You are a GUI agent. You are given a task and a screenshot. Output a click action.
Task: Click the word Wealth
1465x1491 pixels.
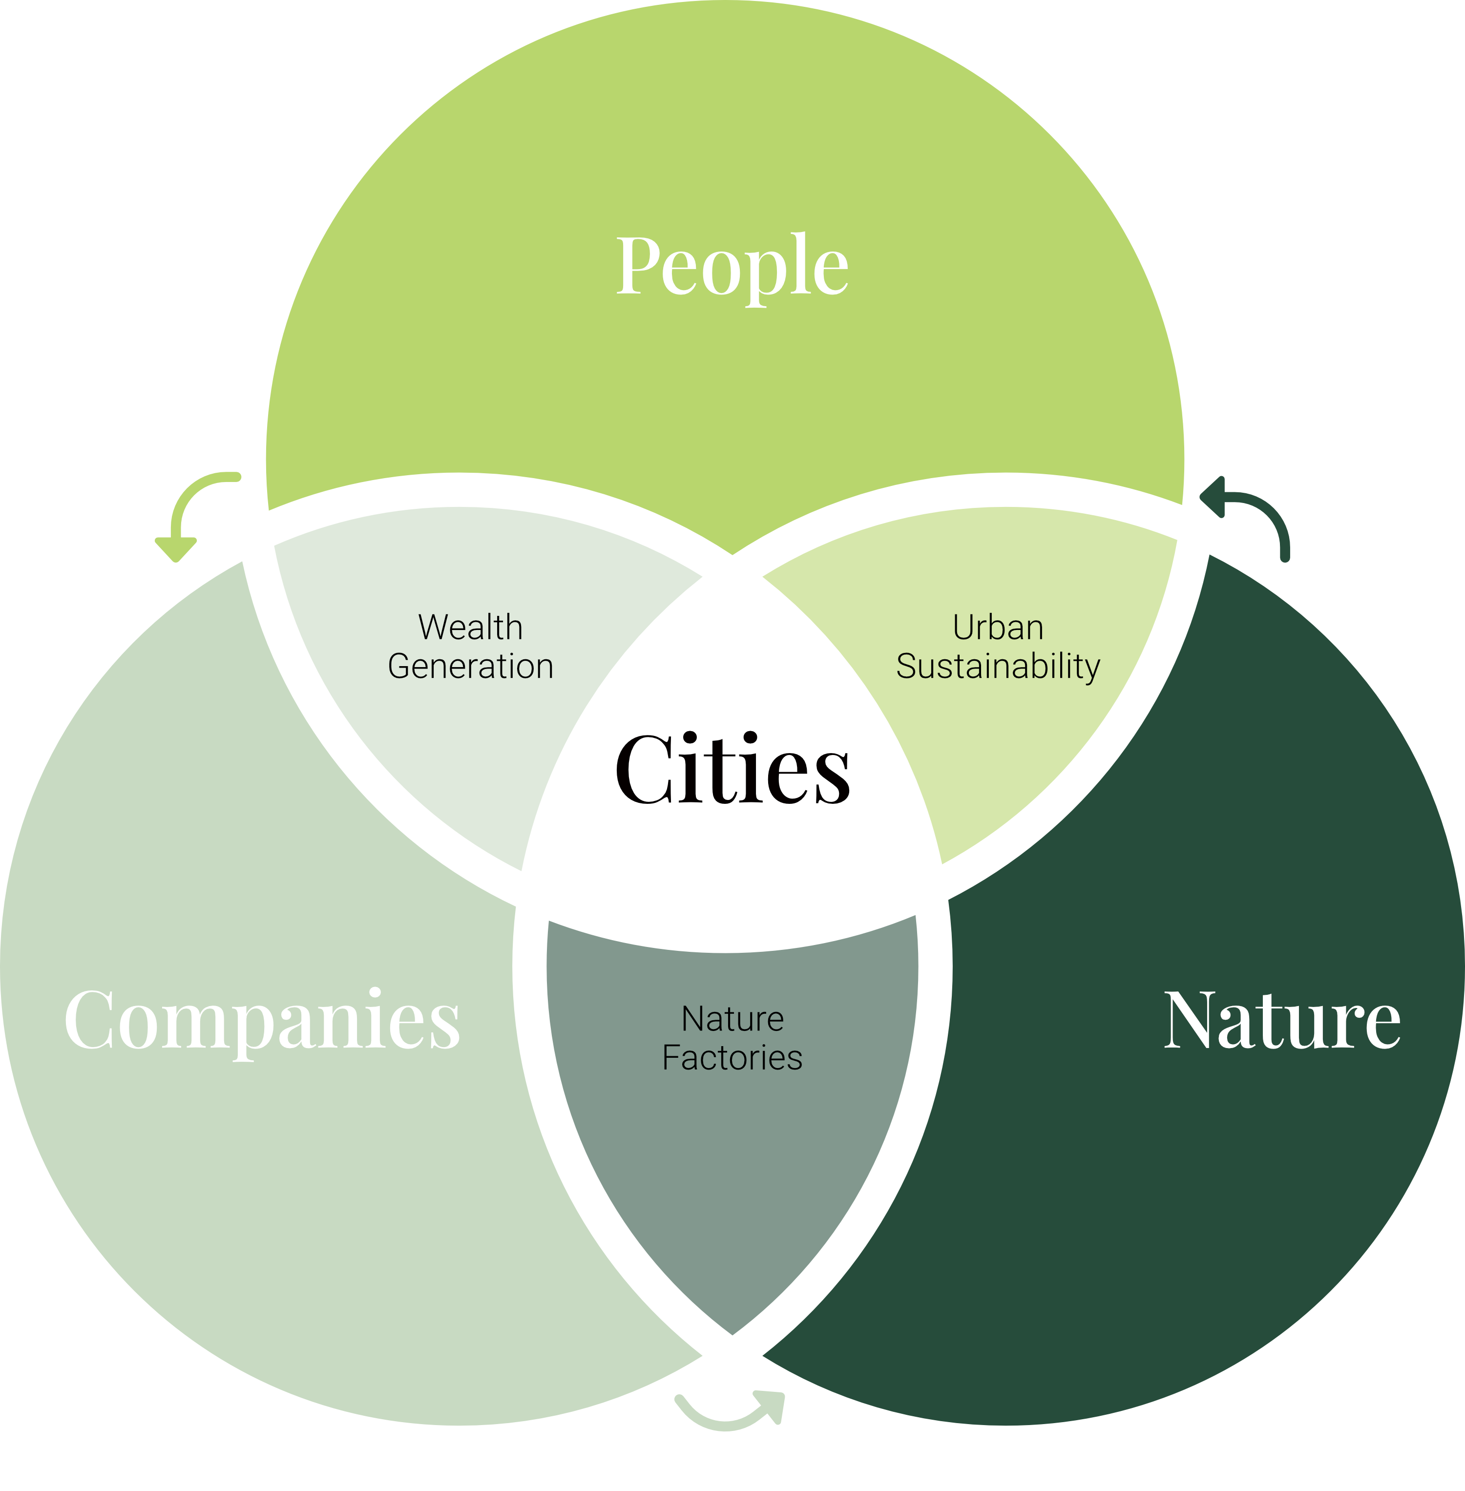470,628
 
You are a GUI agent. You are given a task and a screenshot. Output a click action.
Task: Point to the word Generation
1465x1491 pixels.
470,666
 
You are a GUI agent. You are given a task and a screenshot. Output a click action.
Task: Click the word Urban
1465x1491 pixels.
998,628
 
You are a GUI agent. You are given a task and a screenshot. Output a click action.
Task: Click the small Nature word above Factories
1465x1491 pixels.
732,1019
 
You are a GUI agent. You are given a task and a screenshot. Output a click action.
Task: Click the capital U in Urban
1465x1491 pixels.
963,628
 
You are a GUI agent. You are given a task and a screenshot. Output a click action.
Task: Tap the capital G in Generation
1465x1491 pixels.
400,666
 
